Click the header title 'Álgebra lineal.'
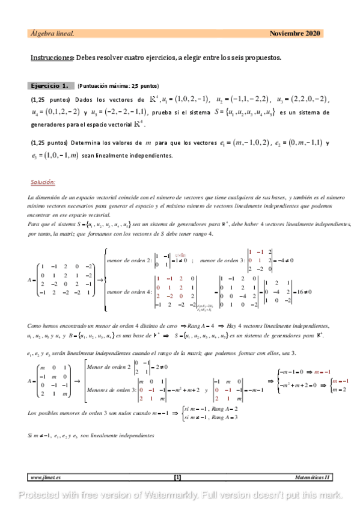pyautogui.click(x=52, y=33)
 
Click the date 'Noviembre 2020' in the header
pyautogui.click(x=295, y=33)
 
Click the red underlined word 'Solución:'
pyautogui.click(x=43, y=182)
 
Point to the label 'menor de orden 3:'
pyautogui.click(x=221, y=244)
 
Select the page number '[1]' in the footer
pyautogui.click(x=177, y=478)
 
